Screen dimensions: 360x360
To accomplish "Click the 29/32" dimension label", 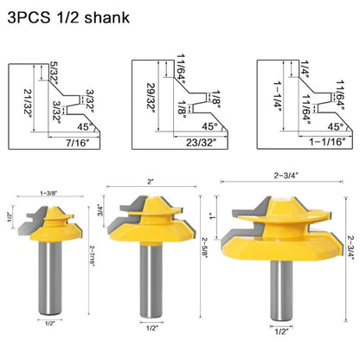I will (152, 102).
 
